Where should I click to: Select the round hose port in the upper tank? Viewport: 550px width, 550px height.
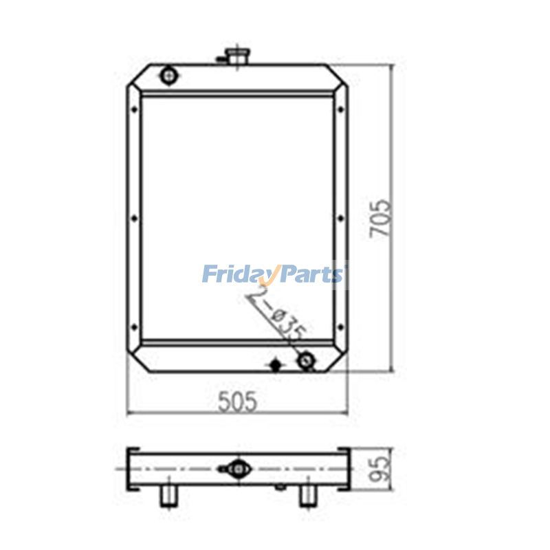coord(168,75)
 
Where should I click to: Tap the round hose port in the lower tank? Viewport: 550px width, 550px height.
coord(305,360)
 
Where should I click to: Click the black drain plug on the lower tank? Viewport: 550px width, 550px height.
coord(276,364)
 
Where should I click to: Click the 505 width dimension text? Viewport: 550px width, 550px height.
coord(237,401)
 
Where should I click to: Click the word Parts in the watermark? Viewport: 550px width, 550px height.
coord(311,274)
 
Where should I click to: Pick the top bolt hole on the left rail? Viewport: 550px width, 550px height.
coord(133,106)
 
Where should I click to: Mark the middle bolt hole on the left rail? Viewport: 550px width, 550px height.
coord(133,219)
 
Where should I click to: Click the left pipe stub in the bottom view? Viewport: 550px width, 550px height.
coord(168,496)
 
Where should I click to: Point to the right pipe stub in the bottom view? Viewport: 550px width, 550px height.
coord(307,496)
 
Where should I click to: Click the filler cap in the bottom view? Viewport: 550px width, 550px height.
coord(237,468)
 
